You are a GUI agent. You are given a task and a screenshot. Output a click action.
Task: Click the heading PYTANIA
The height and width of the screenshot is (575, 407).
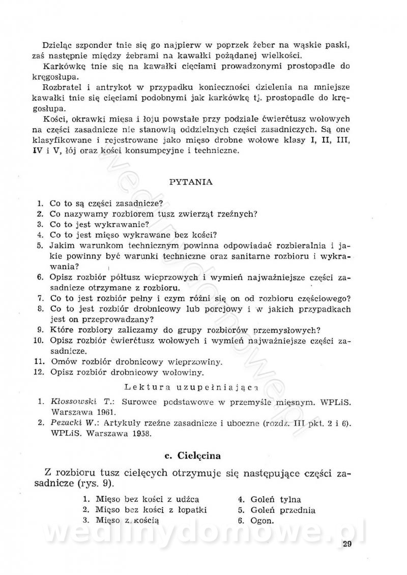pos(191,181)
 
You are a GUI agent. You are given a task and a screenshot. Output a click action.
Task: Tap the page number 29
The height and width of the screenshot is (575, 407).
pos(347,547)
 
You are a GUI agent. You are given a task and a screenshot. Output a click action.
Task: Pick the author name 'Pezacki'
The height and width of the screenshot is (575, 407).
pos(66,422)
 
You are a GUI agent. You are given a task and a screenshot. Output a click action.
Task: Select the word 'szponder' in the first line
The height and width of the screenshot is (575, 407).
pos(91,44)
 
